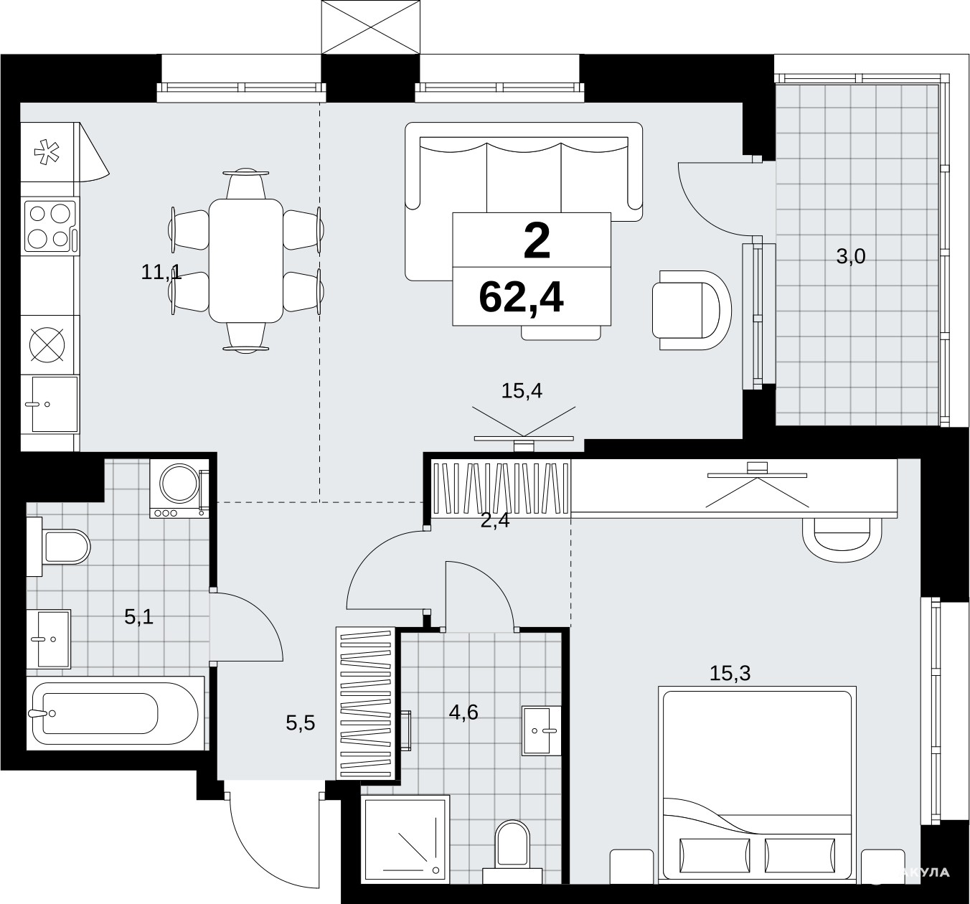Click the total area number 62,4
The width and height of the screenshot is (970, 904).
pyautogui.click(x=521, y=298)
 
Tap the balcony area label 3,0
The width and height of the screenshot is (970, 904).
pyautogui.click(x=851, y=256)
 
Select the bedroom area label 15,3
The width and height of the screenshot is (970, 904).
pyautogui.click(x=730, y=674)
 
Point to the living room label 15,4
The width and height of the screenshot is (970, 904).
pyautogui.click(x=522, y=391)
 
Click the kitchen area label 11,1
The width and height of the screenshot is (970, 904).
pyautogui.click(x=161, y=271)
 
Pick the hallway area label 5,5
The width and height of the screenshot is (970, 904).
pyautogui.click(x=301, y=722)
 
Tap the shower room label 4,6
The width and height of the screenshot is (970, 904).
pyautogui.click(x=463, y=712)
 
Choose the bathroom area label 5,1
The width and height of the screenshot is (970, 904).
pyautogui.click(x=138, y=617)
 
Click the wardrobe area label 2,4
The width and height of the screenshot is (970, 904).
pyautogui.click(x=495, y=521)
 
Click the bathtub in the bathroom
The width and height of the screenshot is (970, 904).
pyautogui.click(x=116, y=713)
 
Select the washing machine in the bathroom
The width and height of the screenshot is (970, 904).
pyautogui.click(x=179, y=488)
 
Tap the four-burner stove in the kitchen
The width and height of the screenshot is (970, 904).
pyautogui.click(x=51, y=226)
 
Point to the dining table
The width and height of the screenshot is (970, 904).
pyautogui.click(x=245, y=261)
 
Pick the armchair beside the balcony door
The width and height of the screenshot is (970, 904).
pyautogui.click(x=692, y=310)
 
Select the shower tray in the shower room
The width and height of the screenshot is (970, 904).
pyautogui.click(x=405, y=839)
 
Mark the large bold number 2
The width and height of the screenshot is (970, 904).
pyautogui.click(x=537, y=241)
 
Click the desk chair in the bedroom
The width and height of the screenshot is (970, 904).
pyautogui.click(x=842, y=540)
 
